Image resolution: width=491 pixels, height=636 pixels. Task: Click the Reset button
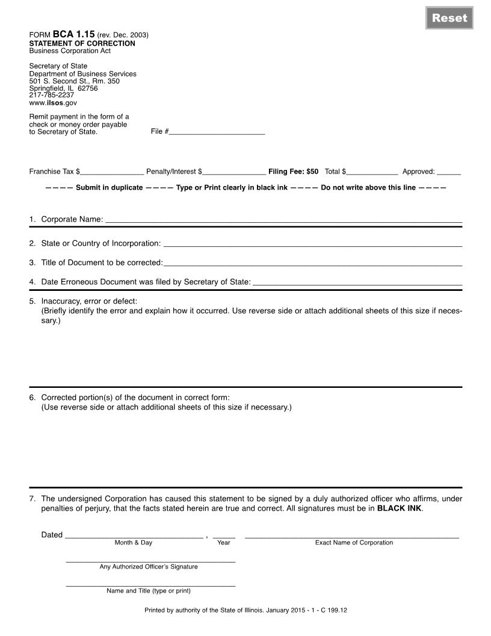pos(449,18)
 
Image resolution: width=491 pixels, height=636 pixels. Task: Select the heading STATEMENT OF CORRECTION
pos(82,43)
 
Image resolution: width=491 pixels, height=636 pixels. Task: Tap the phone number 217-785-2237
pos(52,95)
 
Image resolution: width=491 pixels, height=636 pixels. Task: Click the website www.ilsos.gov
pos(53,103)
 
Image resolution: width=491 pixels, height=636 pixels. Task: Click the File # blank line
pos(217,131)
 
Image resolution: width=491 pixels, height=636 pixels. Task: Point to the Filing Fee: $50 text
pos(293,172)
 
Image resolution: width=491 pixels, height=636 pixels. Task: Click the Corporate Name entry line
pos(283,219)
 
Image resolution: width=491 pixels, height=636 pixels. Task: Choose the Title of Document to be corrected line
pos(312,262)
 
